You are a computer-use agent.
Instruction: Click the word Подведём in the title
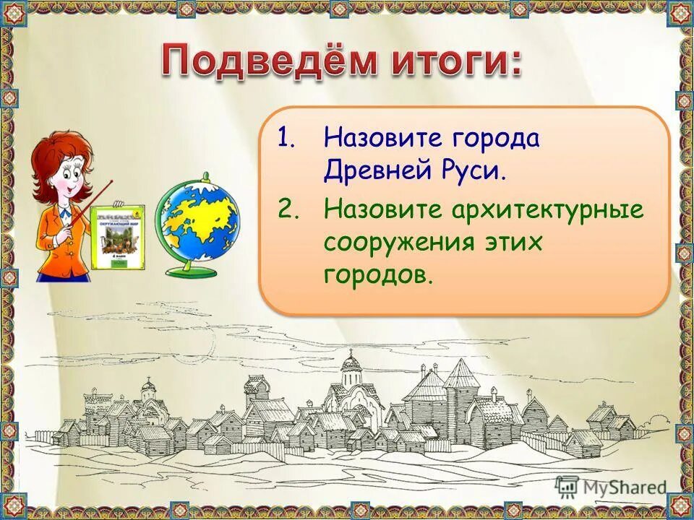click(267, 61)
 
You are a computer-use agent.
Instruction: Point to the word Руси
click(468, 171)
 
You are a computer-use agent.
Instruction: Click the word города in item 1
click(498, 137)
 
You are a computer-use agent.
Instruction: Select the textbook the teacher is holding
click(118, 237)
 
